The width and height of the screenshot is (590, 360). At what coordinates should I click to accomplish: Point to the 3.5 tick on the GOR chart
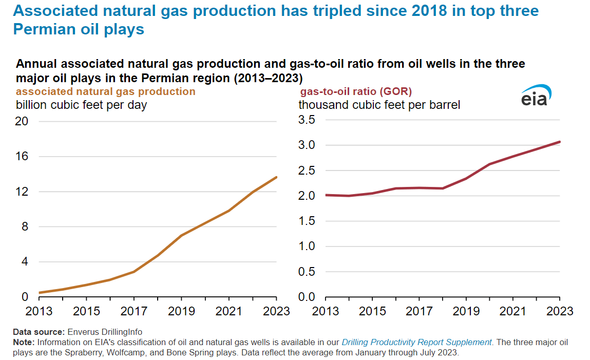pyautogui.click(x=309, y=120)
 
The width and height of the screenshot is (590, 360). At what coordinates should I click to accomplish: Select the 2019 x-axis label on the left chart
pyautogui.click(x=181, y=311)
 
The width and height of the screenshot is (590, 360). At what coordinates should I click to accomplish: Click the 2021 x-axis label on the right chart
pyautogui.click(x=512, y=311)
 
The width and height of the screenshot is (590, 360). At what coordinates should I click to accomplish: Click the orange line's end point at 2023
pyautogui.click(x=276, y=178)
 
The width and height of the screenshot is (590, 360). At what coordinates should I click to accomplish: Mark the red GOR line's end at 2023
pyautogui.click(x=559, y=142)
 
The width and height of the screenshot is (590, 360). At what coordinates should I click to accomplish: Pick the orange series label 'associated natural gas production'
pyautogui.click(x=106, y=92)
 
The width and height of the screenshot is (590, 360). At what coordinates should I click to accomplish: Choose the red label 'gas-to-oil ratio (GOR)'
pyautogui.click(x=356, y=92)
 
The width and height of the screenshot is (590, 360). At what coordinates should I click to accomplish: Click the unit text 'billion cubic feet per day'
pyautogui.click(x=82, y=105)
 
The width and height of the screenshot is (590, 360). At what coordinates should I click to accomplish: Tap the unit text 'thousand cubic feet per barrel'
pyautogui.click(x=379, y=105)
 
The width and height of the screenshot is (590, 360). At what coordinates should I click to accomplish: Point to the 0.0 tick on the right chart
pyautogui.click(x=309, y=297)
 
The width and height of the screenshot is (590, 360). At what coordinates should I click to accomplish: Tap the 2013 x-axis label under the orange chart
pyautogui.click(x=40, y=311)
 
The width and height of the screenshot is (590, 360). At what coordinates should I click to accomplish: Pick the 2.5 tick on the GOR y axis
pyautogui.click(x=309, y=170)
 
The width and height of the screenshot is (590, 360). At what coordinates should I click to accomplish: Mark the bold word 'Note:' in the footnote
pyautogui.click(x=23, y=342)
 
